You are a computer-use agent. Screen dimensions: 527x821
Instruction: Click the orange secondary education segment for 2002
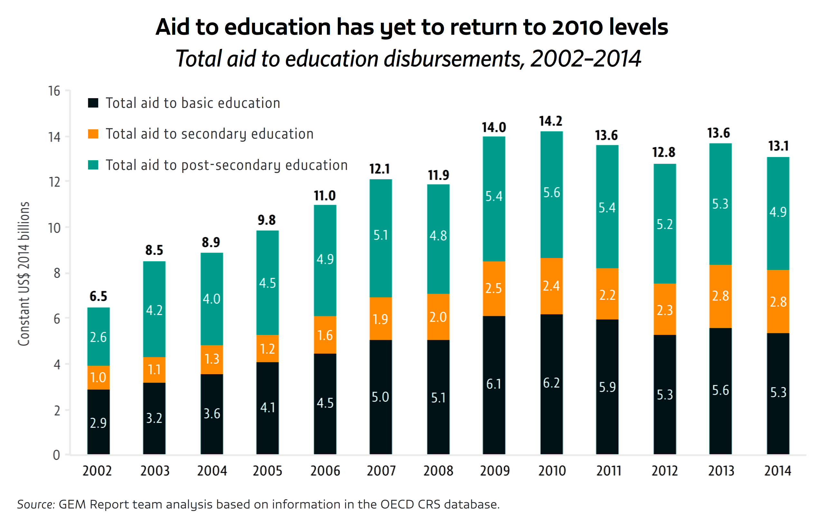click(x=99, y=377)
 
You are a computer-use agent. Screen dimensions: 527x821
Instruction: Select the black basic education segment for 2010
click(x=551, y=384)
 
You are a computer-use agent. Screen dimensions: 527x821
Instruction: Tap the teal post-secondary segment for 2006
click(x=325, y=260)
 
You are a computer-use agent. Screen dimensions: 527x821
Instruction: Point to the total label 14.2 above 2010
click(x=551, y=121)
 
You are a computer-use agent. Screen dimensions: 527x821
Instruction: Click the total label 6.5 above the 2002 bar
click(x=98, y=296)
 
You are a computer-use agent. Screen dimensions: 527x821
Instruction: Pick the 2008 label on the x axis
click(x=438, y=471)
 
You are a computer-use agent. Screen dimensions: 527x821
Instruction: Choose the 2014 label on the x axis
click(x=778, y=471)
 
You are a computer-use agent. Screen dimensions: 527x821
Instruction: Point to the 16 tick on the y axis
click(x=54, y=91)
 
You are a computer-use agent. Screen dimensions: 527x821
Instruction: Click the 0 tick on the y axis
click(x=56, y=455)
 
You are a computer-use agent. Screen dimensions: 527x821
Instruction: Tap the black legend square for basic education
click(x=93, y=103)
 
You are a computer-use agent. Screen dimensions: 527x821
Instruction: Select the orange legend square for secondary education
click(x=93, y=134)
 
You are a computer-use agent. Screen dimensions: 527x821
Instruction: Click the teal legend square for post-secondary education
click(x=93, y=165)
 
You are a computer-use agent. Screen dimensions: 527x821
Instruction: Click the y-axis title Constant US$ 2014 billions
click(x=24, y=274)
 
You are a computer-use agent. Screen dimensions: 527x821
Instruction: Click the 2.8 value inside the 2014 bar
click(x=778, y=302)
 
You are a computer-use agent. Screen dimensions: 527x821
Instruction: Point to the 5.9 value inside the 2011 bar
click(x=607, y=387)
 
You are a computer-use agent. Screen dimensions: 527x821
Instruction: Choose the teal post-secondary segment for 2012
click(x=665, y=224)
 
